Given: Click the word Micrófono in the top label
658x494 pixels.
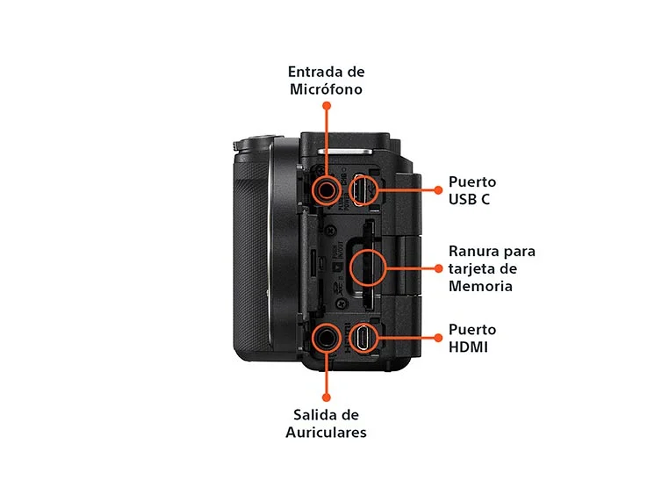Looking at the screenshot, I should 326,90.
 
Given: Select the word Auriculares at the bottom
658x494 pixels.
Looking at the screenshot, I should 326,432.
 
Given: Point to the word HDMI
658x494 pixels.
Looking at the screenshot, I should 468,347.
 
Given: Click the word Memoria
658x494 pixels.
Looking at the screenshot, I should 480,287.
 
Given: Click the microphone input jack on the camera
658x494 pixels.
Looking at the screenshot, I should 326,190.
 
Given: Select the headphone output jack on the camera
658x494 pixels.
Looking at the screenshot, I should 326,337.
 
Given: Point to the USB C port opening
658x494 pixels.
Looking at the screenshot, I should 364,190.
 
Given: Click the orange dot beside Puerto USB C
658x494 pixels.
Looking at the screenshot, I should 438,190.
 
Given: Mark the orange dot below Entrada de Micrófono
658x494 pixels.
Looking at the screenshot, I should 327,106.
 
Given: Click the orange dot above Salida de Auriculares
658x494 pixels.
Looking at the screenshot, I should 326,398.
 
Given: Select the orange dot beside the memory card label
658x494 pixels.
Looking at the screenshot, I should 438,269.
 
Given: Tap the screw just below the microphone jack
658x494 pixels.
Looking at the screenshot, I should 330,229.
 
